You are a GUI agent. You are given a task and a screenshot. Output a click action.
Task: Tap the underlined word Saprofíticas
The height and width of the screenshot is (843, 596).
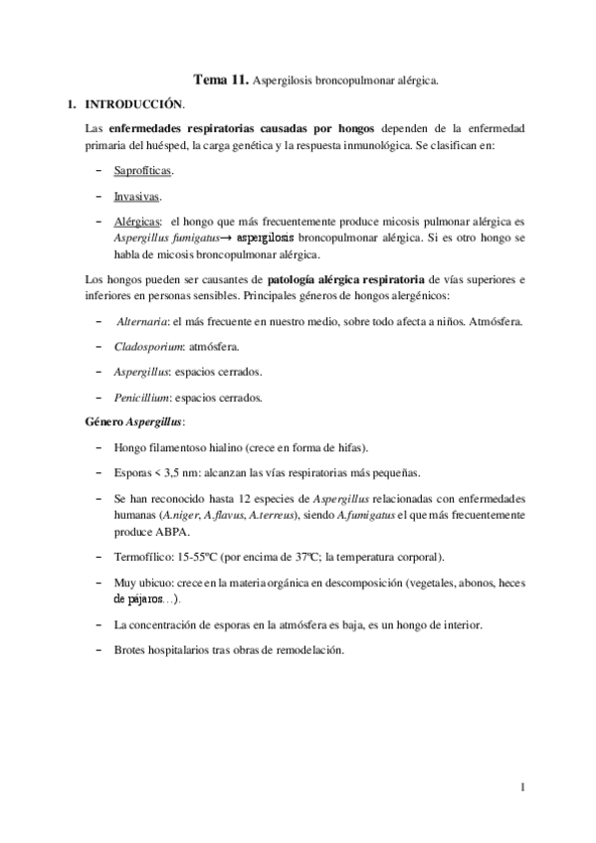142,172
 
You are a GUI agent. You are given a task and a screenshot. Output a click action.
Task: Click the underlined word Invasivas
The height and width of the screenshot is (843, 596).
135,197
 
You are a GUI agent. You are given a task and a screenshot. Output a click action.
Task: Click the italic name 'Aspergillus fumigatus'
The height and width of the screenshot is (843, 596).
163,239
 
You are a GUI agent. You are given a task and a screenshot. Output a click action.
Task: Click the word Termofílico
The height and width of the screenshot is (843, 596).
142,557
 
